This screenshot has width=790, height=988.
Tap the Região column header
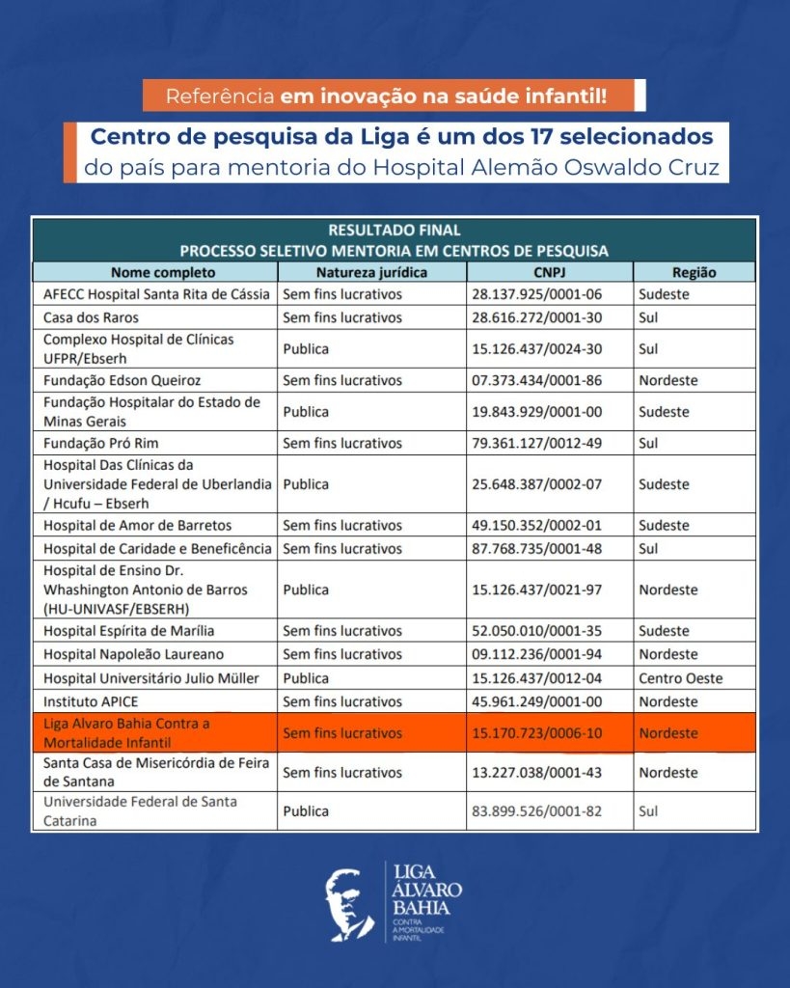click(x=694, y=272)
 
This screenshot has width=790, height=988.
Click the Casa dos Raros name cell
click(x=91, y=317)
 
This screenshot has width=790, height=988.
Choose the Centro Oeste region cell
click(x=680, y=678)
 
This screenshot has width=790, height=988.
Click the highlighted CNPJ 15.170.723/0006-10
click(x=536, y=733)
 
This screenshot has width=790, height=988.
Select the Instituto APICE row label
click(x=84, y=701)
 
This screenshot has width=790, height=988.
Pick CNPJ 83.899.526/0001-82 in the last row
click(x=536, y=811)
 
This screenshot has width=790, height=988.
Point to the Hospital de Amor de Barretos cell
click(x=138, y=526)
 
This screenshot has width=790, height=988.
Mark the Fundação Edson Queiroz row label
click(x=123, y=380)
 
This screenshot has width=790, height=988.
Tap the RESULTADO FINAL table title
click(x=394, y=231)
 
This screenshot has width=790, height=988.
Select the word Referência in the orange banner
click(x=220, y=96)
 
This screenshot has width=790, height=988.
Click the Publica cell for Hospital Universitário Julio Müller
click(x=306, y=678)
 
